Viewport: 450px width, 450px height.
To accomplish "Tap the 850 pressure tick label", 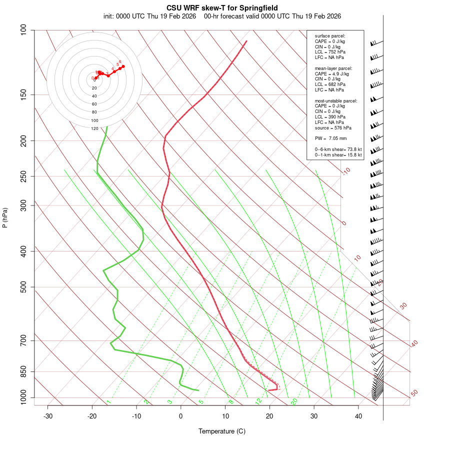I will (23, 372).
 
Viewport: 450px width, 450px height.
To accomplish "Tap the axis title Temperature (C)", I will (222, 431).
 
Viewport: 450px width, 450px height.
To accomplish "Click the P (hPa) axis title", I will (5, 217).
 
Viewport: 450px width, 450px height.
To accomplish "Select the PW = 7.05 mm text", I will (330, 138).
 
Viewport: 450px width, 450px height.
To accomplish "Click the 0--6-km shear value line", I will (338, 149).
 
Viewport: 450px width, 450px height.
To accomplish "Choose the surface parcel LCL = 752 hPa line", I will (330, 52).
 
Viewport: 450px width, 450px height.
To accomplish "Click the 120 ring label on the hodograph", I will (94, 128).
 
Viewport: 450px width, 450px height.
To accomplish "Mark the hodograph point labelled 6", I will (123, 66).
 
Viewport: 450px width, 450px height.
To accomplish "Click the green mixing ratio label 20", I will (294, 401).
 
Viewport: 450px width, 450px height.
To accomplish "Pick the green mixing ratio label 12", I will (258, 401).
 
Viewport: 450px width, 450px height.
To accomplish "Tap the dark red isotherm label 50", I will (414, 393).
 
